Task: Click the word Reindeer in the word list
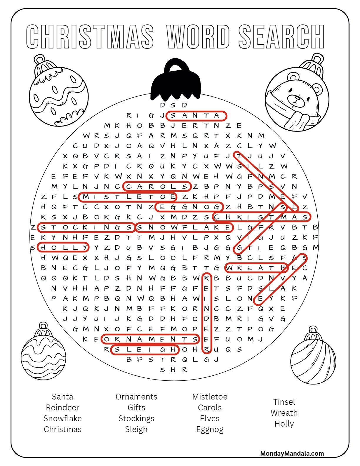pos(62,407)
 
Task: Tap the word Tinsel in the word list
pos(284,402)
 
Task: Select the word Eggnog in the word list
pos(210,430)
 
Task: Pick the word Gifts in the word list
pos(136,407)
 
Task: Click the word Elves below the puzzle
pos(210,418)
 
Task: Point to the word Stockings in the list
pos(136,418)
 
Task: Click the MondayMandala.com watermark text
pos(292,453)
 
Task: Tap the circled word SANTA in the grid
pos(196,116)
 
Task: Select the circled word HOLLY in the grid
pos(63,247)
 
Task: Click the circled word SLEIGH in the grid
pos(145,349)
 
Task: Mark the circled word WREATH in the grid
pos(256,268)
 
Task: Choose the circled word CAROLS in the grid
pos(157,187)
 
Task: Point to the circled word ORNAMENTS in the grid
pos(150,339)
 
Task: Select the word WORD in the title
pos(198,37)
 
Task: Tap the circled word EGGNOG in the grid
pos(189,207)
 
